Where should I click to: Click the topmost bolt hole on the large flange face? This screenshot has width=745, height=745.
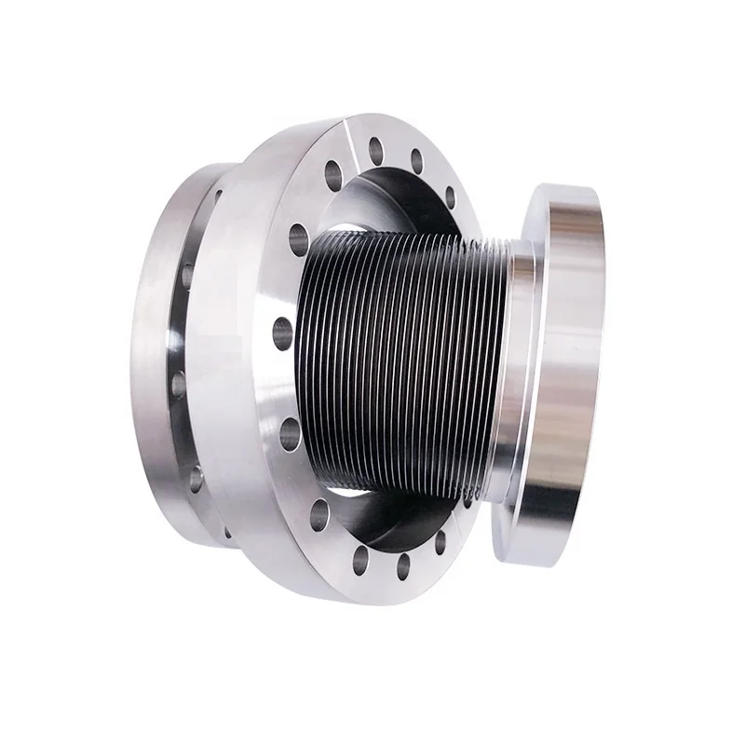tap(376, 147)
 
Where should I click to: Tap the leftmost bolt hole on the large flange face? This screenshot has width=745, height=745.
tap(280, 328)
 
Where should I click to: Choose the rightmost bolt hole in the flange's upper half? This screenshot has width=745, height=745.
tap(450, 196)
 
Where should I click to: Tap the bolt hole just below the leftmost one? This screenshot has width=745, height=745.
tap(289, 427)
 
